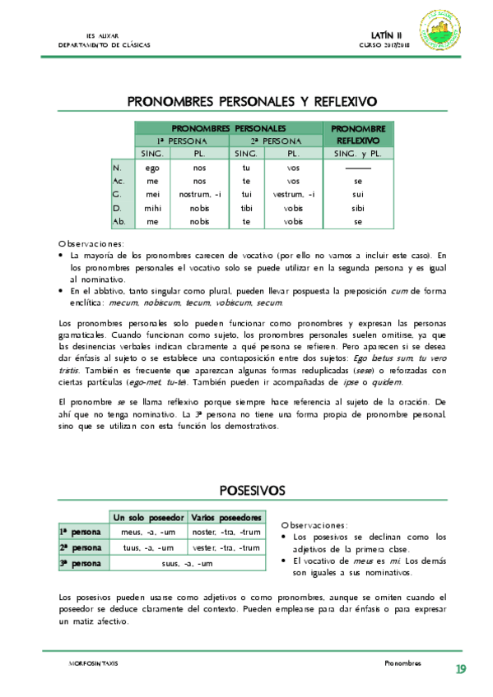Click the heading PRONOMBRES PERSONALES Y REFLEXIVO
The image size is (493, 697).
pos(252,102)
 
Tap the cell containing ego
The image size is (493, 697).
pos(151,168)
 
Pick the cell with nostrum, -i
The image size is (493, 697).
pos(200,194)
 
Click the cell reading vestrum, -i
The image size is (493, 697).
pos(293,194)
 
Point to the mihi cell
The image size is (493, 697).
pos(151,208)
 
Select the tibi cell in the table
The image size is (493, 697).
pos(246,208)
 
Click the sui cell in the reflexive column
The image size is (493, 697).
pos(358,194)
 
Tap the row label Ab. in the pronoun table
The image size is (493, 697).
pos(119,221)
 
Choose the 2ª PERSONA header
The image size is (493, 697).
pos(269,141)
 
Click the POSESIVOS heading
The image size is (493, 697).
pos(252,490)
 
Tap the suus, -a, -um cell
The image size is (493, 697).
pos(186,563)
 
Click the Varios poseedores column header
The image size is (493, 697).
pos(226,518)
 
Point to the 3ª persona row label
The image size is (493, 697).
pos(80,563)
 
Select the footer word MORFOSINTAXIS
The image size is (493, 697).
pos(95,662)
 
